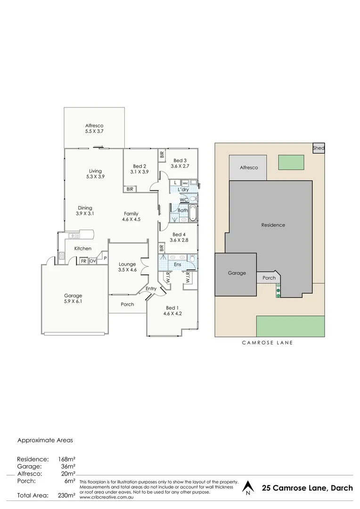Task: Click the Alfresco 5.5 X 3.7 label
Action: [94, 129]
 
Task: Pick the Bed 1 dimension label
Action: [172, 313]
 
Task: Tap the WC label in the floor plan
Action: [184, 200]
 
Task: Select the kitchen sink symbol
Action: [73, 236]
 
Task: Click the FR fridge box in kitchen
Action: [83, 261]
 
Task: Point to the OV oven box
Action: [93, 261]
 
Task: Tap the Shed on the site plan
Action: [319, 148]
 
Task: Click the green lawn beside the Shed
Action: [291, 163]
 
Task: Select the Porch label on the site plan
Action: [269, 278]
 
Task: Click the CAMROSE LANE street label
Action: [268, 343]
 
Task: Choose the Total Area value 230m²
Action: [67, 495]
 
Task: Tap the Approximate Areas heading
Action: [45, 441]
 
